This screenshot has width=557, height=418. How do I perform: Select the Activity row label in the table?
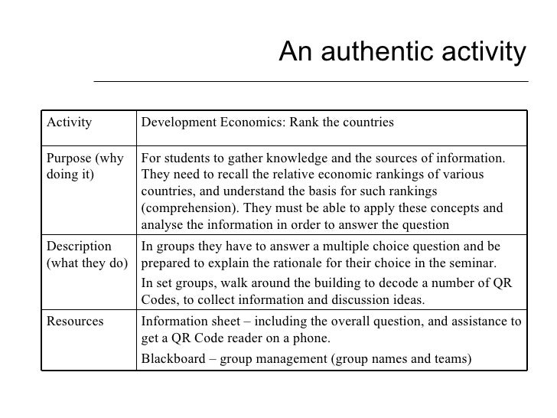point(70,122)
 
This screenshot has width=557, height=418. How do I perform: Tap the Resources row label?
point(75,322)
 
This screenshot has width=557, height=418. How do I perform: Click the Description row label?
point(79,247)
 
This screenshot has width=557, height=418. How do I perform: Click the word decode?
point(399,282)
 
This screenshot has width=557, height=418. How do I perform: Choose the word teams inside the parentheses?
point(451,359)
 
